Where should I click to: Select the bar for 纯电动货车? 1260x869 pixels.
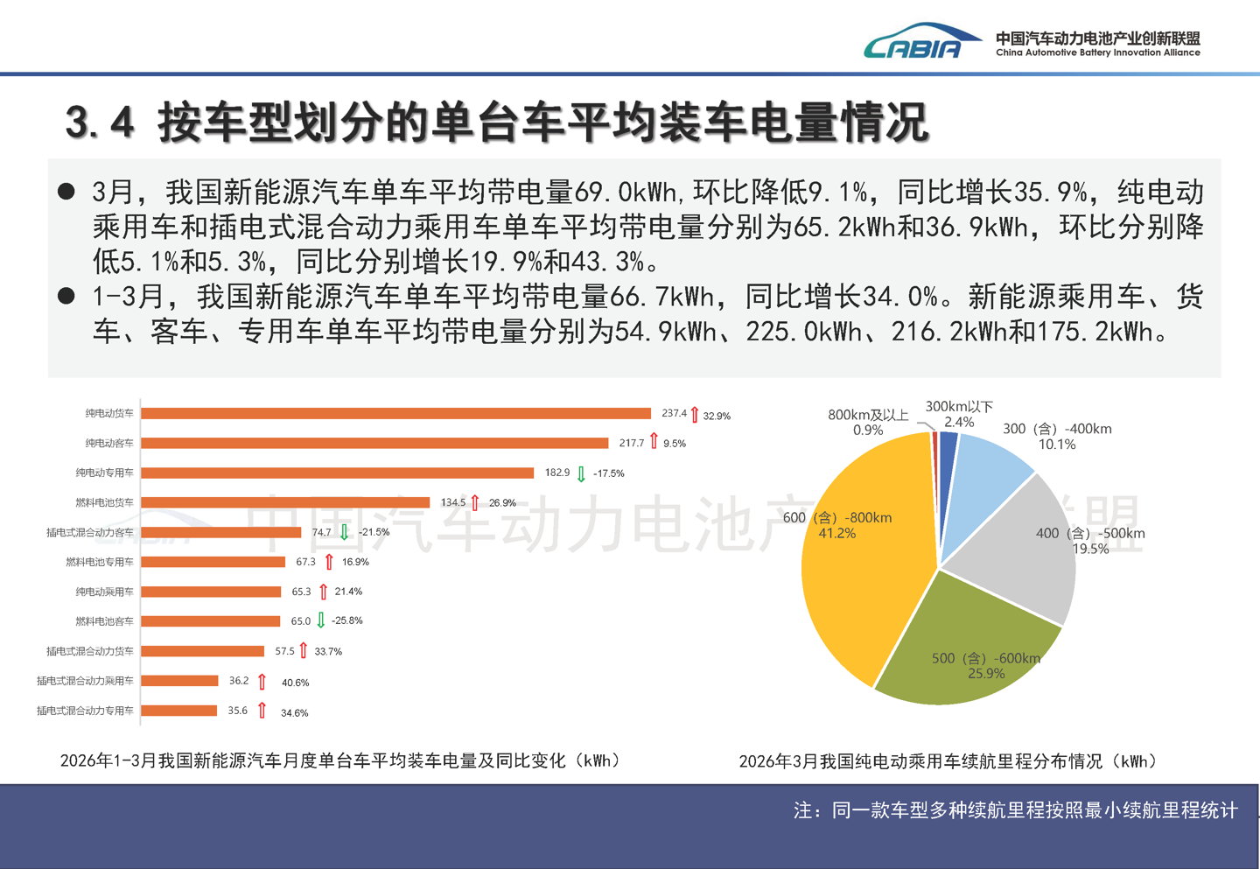point(395,413)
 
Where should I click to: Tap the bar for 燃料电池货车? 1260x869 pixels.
point(285,502)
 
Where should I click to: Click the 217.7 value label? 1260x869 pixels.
point(632,443)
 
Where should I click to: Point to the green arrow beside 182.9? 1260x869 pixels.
point(581,473)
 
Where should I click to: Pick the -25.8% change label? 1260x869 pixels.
point(347,620)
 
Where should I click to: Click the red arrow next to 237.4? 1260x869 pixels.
point(695,414)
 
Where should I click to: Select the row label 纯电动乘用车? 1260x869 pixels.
point(104,592)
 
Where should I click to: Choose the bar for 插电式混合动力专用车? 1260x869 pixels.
point(178,711)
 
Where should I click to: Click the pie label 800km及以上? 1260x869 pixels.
point(868,415)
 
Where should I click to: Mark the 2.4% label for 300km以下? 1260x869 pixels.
point(959,423)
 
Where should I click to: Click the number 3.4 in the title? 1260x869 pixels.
point(100,123)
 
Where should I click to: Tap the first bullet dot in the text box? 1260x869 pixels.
point(66,192)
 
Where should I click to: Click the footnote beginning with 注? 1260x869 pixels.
point(1015,810)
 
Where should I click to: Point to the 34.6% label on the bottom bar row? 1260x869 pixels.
point(294,713)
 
